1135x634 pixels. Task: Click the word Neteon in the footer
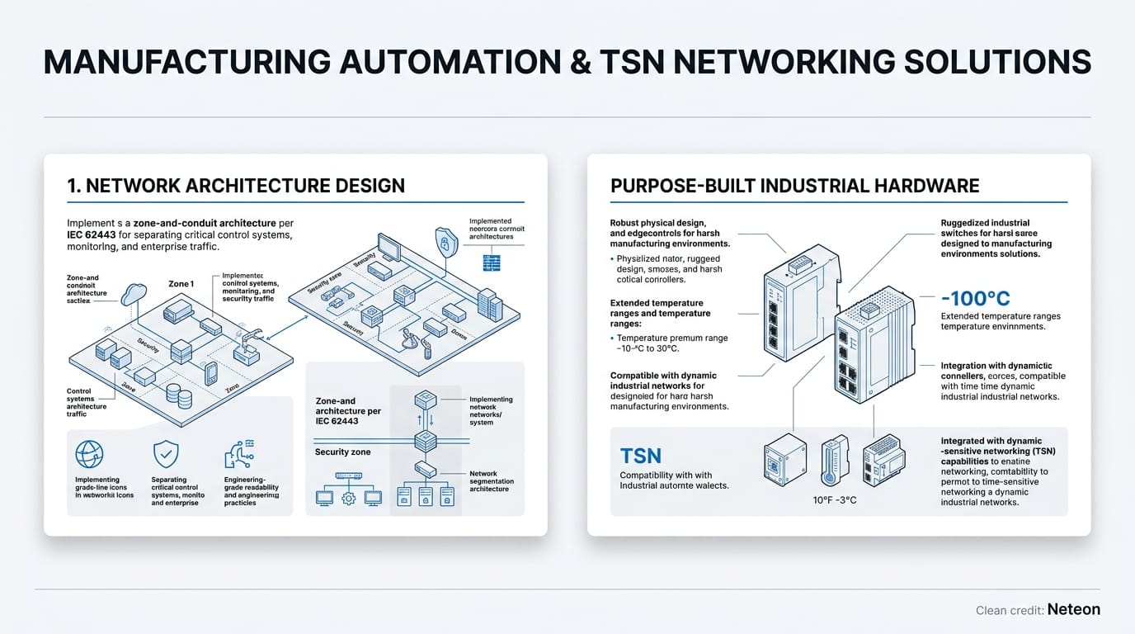[1073, 610]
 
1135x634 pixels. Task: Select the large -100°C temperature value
[975, 299]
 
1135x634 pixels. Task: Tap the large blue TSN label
[640, 455]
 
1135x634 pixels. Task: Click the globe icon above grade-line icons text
[88, 455]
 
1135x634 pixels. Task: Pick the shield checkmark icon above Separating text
[166, 455]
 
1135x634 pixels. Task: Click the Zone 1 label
[181, 284]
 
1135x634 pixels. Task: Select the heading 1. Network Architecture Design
[236, 186]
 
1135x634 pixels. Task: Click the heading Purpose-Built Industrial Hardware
[794, 186]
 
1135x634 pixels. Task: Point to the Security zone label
[342, 452]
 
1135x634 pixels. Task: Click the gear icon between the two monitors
[348, 498]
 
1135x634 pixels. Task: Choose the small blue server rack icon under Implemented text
[492, 263]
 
